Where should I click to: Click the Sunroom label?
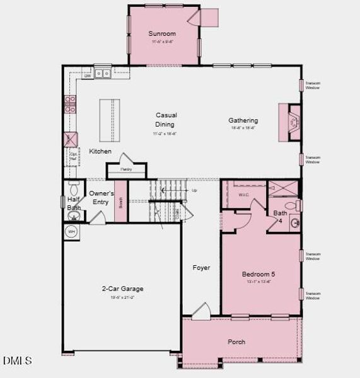[162, 33]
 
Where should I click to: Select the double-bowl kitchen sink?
[103, 74]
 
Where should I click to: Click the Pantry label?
[126, 169]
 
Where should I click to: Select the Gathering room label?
[243, 120]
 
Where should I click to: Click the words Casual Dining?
[166, 120]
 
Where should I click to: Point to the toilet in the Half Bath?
[73, 188]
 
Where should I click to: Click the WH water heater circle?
[71, 231]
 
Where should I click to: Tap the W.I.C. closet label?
[244, 195]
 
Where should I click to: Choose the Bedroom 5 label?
[258, 275]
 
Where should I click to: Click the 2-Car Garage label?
[122, 289]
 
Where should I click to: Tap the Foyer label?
[201, 268]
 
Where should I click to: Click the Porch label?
[236, 342]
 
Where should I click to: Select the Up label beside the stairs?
[194, 190]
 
